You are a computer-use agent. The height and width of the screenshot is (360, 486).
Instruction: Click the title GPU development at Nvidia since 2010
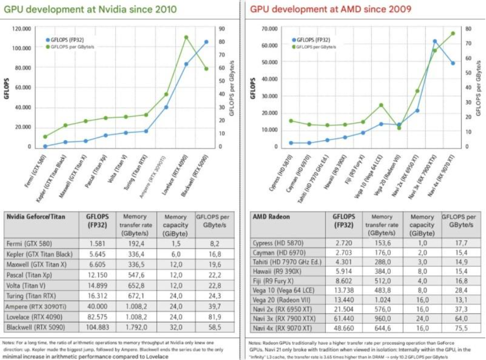tap(90, 9)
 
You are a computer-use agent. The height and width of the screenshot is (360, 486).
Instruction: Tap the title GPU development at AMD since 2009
tap(331, 9)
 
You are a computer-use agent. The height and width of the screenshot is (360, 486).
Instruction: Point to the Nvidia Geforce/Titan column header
tap(36, 217)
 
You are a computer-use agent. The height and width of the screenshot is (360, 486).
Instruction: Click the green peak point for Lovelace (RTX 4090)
tap(186, 37)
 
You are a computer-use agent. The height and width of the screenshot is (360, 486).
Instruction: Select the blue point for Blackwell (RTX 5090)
tap(206, 42)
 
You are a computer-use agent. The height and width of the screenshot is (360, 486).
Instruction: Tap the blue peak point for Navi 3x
tap(435, 41)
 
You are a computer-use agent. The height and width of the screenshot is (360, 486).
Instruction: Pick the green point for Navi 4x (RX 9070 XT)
tap(453, 33)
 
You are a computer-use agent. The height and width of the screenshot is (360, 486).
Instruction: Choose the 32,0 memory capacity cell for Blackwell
tap(175, 328)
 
